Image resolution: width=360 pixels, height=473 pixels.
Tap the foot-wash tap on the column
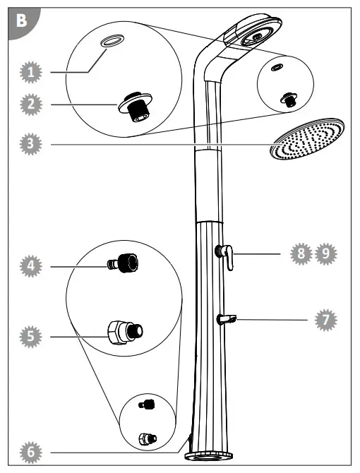tap(227, 320)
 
